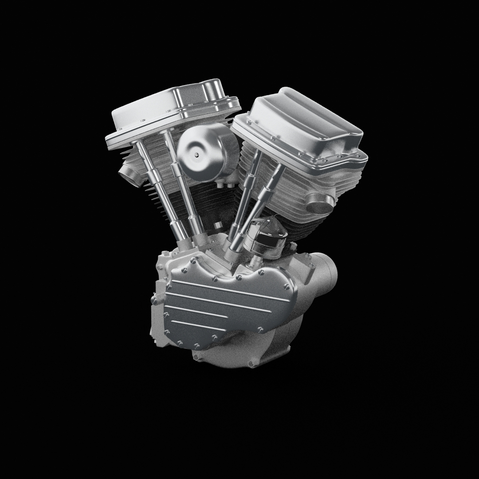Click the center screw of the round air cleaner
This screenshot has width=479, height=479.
(x=196, y=155)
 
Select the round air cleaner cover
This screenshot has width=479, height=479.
(x=205, y=151)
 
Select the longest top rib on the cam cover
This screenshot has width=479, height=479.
(x=231, y=291)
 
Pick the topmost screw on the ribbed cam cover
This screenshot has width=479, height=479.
(x=192, y=261)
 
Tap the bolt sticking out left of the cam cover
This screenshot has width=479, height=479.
(x=155, y=300)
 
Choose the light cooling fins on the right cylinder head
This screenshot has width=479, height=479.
(x=288, y=186)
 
